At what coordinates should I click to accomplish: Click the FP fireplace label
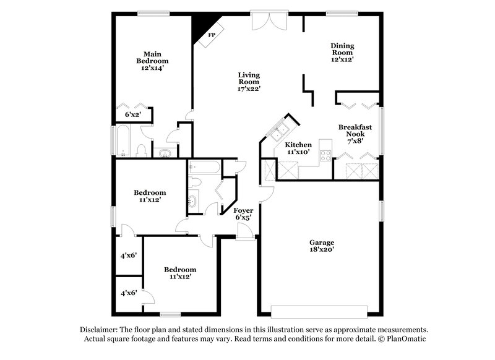coord(211,35)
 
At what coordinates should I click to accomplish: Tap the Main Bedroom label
coord(152,58)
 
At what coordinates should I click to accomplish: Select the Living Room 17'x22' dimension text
coord(249,88)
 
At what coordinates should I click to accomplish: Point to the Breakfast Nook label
coord(355,130)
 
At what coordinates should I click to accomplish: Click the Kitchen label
coord(298,145)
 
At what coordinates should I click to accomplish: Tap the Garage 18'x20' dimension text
coord(322,250)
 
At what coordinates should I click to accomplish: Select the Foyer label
coord(243,210)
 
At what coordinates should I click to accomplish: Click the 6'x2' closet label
coord(132,114)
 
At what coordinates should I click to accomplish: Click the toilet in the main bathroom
coord(141,150)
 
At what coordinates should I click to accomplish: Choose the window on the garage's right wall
coord(381,210)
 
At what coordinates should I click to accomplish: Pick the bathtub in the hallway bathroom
coord(203,167)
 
